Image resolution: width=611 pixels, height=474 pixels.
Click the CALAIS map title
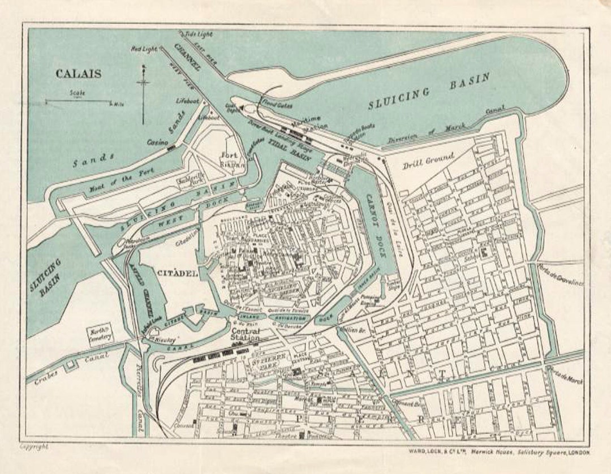[x=78, y=74]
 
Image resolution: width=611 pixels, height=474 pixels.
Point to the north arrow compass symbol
[x=143, y=93]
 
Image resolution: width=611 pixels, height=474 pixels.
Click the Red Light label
[x=144, y=49]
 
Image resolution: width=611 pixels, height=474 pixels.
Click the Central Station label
[x=245, y=334]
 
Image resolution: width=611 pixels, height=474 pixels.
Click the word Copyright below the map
[x=34, y=446]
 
